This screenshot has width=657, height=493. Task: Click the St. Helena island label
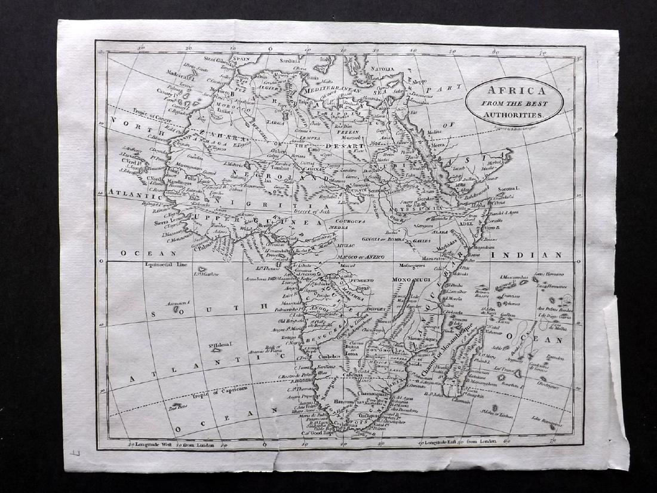coord(219,345)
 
